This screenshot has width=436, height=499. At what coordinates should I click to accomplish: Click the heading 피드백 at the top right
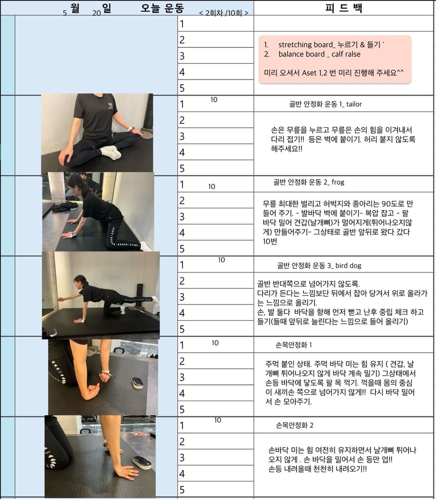pyautogui.click(x=343, y=8)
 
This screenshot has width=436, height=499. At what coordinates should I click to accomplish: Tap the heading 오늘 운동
pyautogui.click(x=162, y=7)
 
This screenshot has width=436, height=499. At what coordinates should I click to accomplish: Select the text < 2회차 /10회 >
pyautogui.click(x=223, y=13)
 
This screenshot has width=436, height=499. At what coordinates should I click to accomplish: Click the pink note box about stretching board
pyautogui.click(x=335, y=59)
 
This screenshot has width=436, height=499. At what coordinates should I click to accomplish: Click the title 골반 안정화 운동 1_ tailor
pyautogui.click(x=325, y=104)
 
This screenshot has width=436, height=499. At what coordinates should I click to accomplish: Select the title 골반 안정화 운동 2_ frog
pyautogui.click(x=308, y=182)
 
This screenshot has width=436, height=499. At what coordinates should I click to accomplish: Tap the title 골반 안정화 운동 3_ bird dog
pyautogui.click(x=319, y=265)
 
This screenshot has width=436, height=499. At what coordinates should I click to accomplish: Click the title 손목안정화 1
pyautogui.click(x=293, y=345)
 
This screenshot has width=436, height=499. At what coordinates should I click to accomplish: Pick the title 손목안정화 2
pyautogui.click(x=294, y=425)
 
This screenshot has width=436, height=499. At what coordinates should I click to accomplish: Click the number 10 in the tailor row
pyautogui.click(x=213, y=100)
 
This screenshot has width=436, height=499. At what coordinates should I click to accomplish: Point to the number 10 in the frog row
pyautogui.click(x=212, y=187)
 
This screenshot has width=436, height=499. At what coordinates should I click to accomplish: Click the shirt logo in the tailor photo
pyautogui.click(x=110, y=104)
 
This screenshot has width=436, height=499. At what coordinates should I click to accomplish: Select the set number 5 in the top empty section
pyautogui.click(x=182, y=88)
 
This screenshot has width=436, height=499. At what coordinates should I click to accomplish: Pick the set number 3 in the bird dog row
pyautogui.click(x=182, y=297)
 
